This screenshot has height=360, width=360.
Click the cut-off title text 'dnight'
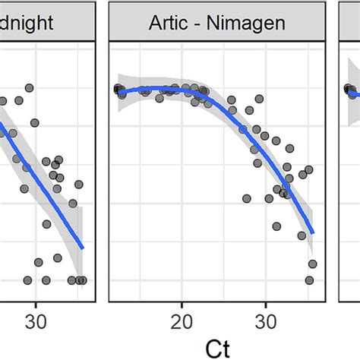coord(27,23)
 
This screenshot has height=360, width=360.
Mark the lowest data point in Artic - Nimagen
coord(309,280)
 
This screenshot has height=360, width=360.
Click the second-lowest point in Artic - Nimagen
coord(312,264)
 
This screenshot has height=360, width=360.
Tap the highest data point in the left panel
coord(30,89)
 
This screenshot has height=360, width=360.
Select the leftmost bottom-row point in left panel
coord(28,280)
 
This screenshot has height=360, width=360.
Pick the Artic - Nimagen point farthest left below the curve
coord(247,198)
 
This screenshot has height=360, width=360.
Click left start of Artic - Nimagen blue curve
coord(118,91)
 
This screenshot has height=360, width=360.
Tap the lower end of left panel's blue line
coord(82,248)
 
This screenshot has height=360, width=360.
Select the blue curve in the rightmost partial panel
coord(351,92)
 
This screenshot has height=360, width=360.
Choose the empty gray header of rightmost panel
coord(349,23)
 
